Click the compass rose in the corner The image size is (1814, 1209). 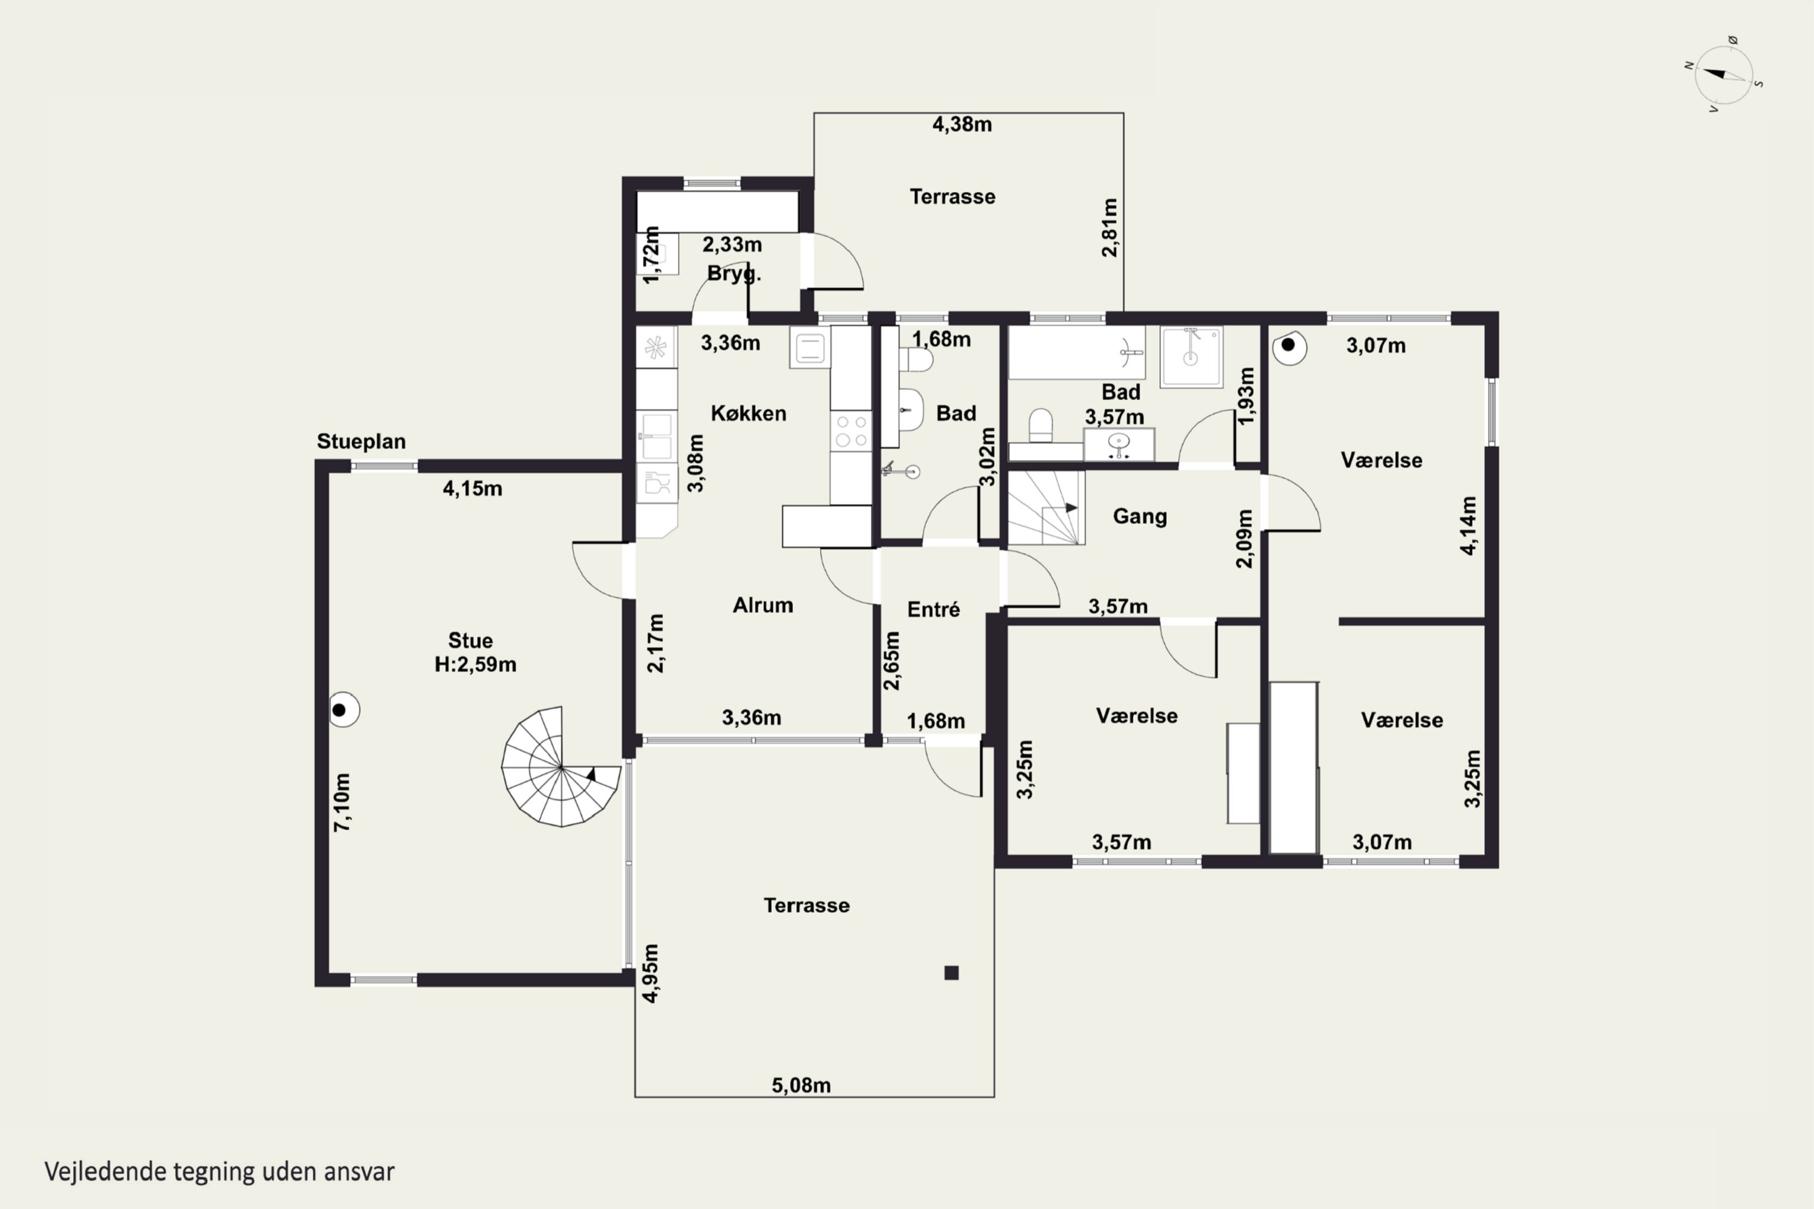(x=1724, y=75)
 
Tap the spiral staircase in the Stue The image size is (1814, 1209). (x=561, y=766)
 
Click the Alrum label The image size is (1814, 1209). (x=762, y=605)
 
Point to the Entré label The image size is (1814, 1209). (x=934, y=609)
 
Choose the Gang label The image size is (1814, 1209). (x=1139, y=516)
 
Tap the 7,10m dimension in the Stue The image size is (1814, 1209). (x=342, y=802)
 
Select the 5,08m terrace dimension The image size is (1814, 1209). (x=801, y=1086)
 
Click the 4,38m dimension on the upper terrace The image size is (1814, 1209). (x=962, y=124)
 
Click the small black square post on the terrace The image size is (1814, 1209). (x=951, y=973)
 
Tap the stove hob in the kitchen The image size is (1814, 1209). (x=851, y=431)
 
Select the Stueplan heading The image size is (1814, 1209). (x=361, y=442)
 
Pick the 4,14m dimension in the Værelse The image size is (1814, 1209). (x=1469, y=525)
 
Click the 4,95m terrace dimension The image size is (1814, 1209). (x=651, y=973)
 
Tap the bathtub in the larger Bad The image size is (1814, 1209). (x=1076, y=353)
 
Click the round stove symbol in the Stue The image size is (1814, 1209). (x=343, y=710)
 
